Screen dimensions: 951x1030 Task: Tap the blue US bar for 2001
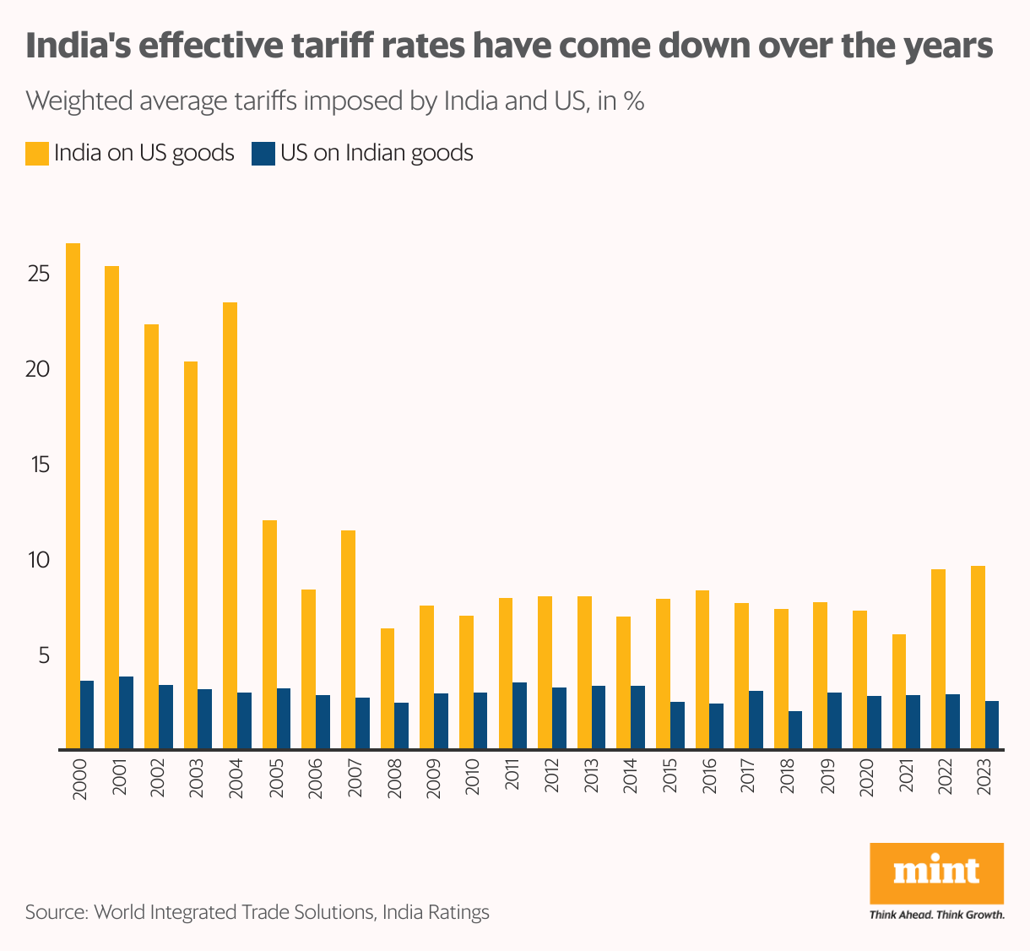pyautogui.click(x=126, y=713)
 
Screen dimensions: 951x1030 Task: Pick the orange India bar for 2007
pyautogui.click(x=348, y=639)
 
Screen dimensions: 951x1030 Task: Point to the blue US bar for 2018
pyautogui.click(x=794, y=731)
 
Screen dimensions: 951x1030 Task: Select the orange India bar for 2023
pyautogui.click(x=978, y=657)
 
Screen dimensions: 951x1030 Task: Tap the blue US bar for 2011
pyautogui.click(x=519, y=715)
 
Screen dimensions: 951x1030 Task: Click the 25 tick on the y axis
pyautogui.click(x=39, y=274)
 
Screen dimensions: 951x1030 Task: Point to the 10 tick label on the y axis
pyautogui.click(x=39, y=560)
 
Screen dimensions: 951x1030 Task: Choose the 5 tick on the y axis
pyautogui.click(x=44, y=655)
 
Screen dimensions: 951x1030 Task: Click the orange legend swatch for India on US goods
pyautogui.click(x=36, y=154)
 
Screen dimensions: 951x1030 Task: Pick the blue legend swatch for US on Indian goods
pyautogui.click(x=263, y=154)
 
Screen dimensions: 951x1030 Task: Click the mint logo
pyautogui.click(x=936, y=872)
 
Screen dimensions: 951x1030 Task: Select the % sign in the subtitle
pyautogui.click(x=633, y=102)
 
